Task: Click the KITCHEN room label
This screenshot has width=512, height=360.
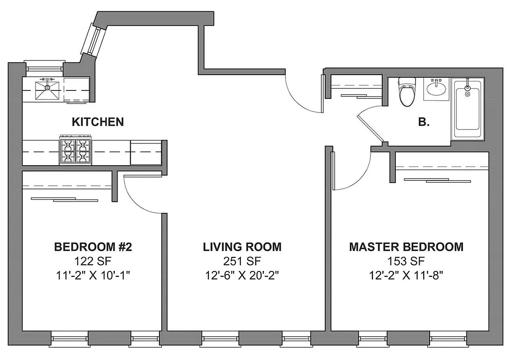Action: [98, 121]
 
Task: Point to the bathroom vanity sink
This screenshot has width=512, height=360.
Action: [436, 87]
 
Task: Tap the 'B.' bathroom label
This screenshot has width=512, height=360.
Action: [423, 122]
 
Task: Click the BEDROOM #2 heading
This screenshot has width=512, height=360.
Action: [93, 247]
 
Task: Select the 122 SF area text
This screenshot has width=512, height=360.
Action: [93, 261]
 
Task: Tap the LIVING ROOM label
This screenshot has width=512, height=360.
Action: [242, 247]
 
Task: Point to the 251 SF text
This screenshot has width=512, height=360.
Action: [242, 261]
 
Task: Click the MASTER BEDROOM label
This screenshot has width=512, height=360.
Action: [406, 247]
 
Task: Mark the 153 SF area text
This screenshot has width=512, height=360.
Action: [406, 261]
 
